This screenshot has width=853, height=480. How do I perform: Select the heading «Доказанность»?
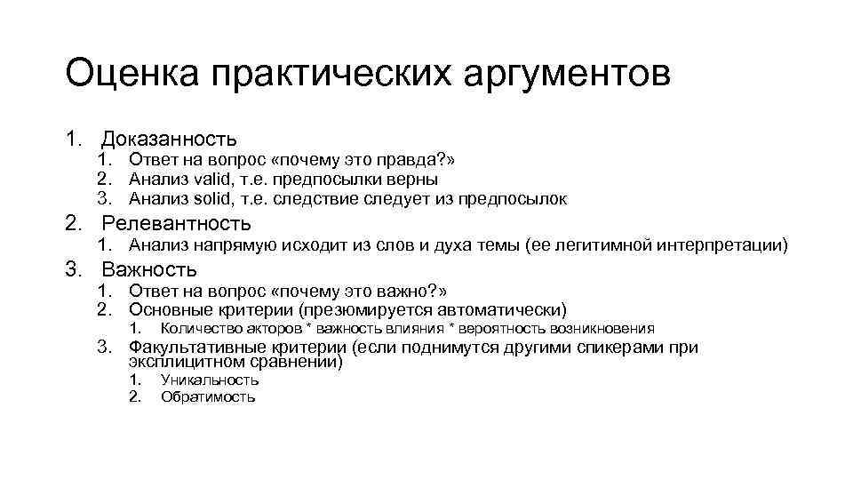point(169,139)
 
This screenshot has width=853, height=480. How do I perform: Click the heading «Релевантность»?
point(176,223)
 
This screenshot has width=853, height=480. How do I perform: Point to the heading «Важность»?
point(149,269)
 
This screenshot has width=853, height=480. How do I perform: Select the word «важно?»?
point(416,291)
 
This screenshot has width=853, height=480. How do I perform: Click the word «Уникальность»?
point(210,380)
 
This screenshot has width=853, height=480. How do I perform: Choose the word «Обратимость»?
point(208,397)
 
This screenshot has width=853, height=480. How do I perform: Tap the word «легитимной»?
point(600,245)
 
